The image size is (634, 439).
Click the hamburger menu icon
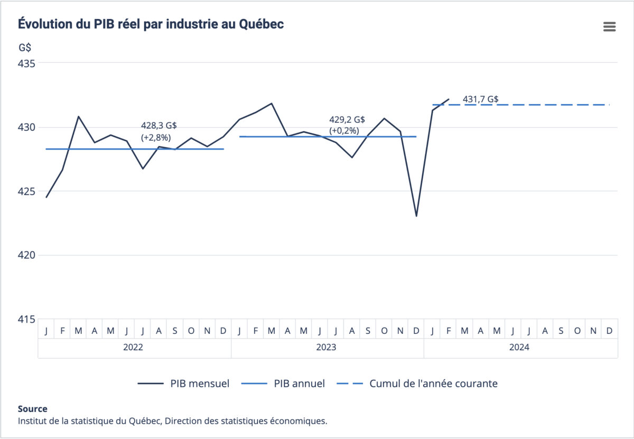coord(609,27)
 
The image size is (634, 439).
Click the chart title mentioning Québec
coord(151,24)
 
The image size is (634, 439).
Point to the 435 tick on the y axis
coord(26,63)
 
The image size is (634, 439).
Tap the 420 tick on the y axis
coord(26,255)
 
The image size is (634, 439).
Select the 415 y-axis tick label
coord(26,319)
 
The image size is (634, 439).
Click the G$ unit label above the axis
coord(25,47)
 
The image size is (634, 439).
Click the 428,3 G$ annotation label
coord(158,126)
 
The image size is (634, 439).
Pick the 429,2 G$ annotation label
coord(347,120)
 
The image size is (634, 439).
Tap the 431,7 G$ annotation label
coord(481,99)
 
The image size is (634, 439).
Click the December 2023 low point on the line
coord(416,216)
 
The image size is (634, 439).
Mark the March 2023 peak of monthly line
coord(272,104)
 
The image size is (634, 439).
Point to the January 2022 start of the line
coord(46,197)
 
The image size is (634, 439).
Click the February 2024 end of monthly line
coord(449,99)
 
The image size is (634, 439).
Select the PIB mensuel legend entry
coord(183,384)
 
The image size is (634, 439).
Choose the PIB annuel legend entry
coord(283,384)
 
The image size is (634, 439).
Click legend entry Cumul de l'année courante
coord(417,384)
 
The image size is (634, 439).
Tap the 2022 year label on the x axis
coord(134,348)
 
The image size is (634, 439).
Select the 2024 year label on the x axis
coord(520,348)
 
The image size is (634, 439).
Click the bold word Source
coord(32,409)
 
